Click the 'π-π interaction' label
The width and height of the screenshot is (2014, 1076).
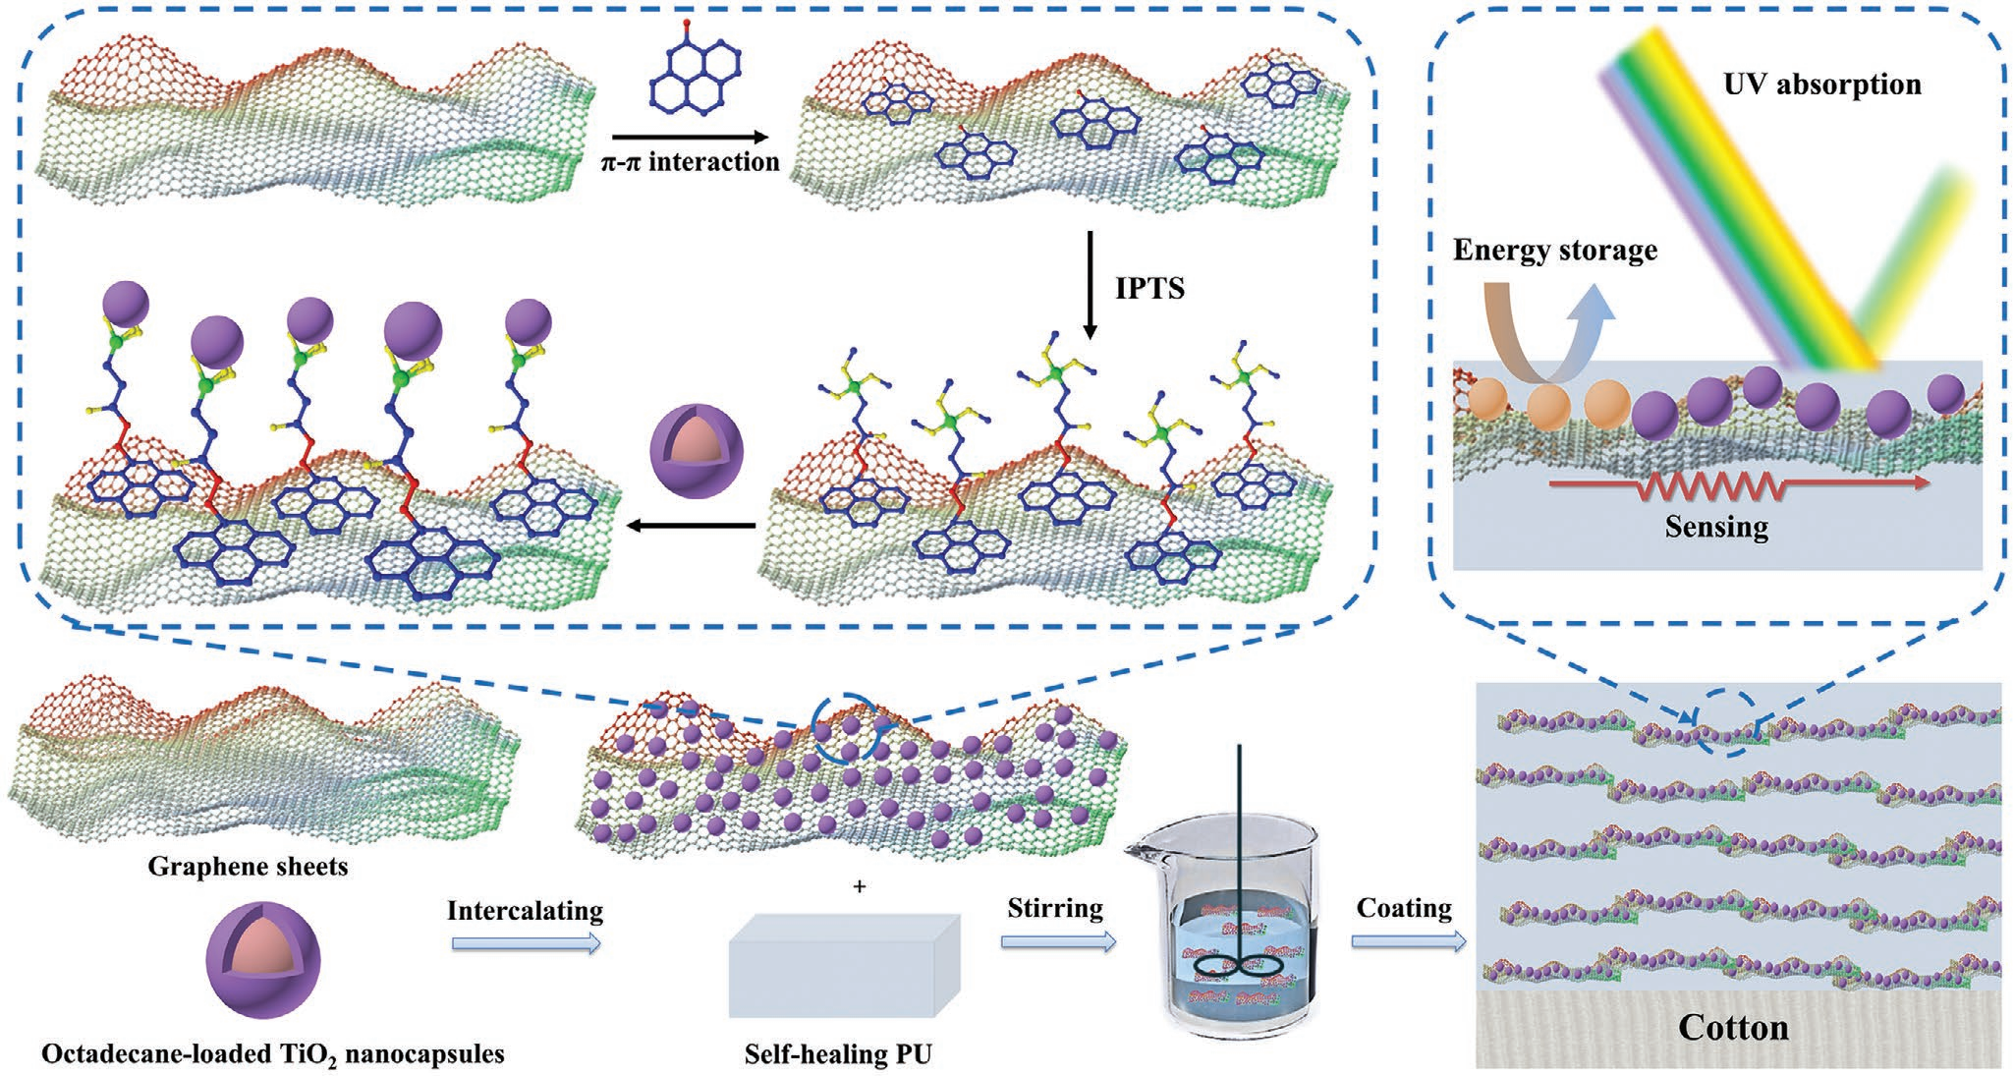(x=690, y=162)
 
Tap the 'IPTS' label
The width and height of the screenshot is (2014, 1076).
(x=1149, y=289)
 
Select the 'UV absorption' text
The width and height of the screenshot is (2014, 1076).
(x=1822, y=85)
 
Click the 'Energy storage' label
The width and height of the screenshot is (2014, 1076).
(x=1554, y=251)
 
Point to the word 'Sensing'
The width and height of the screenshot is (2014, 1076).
(x=1716, y=528)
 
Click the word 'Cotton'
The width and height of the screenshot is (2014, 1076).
(x=1733, y=1028)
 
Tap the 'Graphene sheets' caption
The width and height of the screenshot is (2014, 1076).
(x=248, y=867)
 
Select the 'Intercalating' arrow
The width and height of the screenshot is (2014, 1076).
(x=526, y=943)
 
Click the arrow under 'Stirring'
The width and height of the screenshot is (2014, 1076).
(x=1058, y=941)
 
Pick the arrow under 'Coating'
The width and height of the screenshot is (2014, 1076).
(x=1408, y=941)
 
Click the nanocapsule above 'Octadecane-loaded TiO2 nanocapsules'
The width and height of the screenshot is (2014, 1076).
(x=262, y=963)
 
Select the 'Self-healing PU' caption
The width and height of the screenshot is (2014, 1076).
(x=838, y=1055)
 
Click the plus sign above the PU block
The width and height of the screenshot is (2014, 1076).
(x=860, y=886)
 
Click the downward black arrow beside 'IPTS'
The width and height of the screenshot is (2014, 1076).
(x=1089, y=285)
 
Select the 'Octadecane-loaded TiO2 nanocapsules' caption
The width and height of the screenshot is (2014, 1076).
(x=272, y=1055)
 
